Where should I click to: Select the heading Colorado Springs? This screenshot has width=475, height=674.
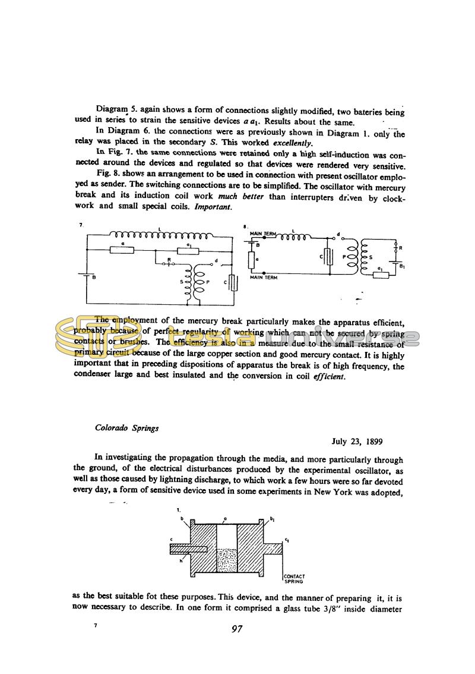click(127, 428)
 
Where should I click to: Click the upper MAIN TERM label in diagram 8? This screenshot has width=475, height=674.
click(264, 233)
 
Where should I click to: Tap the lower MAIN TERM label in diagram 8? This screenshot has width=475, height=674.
click(264, 278)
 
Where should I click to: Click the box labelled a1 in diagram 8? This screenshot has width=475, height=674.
click(377, 274)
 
